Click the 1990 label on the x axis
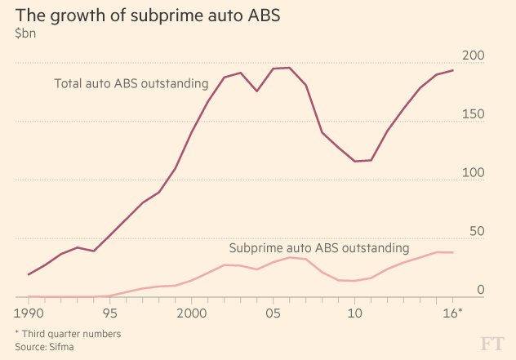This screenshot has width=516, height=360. point(29,312)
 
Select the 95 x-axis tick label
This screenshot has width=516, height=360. point(110,312)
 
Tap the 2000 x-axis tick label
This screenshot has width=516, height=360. point(192,312)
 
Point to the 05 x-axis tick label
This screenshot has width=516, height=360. point(274,312)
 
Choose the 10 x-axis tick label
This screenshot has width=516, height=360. point(355,312)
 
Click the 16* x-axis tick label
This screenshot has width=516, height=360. point(454,312)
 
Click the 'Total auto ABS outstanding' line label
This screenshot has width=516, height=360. point(129,83)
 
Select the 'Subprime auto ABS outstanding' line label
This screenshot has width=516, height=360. point(318,247)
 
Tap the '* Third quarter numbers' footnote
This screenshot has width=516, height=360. point(67,333)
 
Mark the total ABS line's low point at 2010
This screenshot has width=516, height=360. point(355,161)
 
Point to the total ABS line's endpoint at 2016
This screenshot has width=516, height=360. point(453,70)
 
